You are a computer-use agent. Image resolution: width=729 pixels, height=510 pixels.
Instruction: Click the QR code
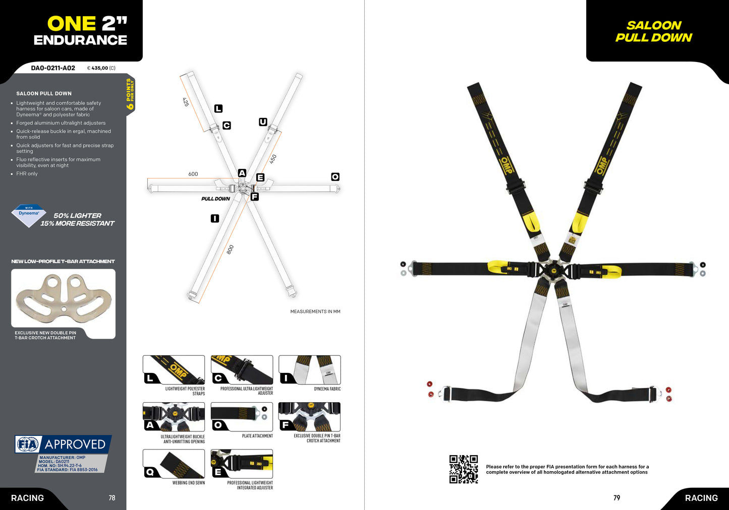tap(464, 469)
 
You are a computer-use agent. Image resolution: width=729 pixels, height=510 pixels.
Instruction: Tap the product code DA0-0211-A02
tap(53, 68)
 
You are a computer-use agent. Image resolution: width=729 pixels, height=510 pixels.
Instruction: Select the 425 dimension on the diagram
tap(186, 102)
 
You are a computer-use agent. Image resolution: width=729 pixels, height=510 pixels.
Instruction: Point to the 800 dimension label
tap(230, 249)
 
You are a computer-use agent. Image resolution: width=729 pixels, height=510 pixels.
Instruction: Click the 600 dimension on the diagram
tap(193, 174)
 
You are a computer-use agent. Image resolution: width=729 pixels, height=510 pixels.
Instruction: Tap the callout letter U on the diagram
tap(263, 122)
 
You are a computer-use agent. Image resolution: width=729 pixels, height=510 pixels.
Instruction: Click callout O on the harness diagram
tap(335, 176)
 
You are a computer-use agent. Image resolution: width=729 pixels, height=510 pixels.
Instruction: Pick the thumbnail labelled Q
tap(174, 464)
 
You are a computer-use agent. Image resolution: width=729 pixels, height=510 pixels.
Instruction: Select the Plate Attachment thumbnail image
tap(242, 417)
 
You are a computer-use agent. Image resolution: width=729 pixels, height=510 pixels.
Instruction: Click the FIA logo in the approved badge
tap(28, 444)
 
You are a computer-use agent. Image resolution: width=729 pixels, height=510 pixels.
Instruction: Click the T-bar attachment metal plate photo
tap(64, 298)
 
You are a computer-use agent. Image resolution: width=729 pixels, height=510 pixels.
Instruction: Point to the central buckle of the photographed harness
tap(551, 270)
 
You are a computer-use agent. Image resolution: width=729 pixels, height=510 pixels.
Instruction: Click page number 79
tap(616, 497)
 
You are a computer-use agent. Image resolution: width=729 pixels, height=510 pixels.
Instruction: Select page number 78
tap(112, 497)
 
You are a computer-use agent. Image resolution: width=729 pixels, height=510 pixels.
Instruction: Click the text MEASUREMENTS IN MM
tap(315, 311)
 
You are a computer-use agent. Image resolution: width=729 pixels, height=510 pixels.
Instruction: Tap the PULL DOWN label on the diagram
tap(215, 199)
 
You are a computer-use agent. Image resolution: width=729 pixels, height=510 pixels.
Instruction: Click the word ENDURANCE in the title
tap(80, 40)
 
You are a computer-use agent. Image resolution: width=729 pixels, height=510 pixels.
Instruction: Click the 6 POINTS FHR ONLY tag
tap(130, 94)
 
